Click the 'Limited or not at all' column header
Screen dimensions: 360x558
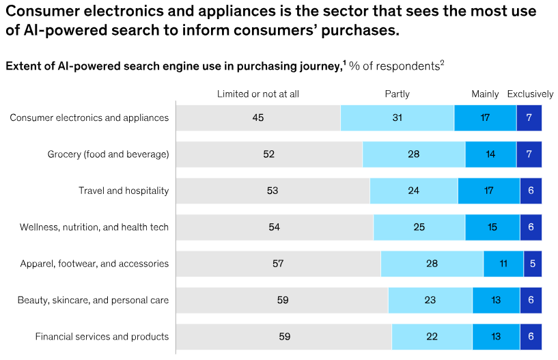257,94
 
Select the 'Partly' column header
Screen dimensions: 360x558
397,94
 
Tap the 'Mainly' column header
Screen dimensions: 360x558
485,94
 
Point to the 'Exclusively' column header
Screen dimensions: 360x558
529,94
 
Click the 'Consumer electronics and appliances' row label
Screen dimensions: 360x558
89,117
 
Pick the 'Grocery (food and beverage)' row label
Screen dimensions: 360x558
108,154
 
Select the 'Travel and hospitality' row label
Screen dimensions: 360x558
123,191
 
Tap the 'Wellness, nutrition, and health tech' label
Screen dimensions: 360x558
94,227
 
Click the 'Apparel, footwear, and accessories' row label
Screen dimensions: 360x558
94,264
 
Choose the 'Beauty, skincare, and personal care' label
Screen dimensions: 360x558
94,300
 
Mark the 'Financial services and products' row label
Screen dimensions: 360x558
102,336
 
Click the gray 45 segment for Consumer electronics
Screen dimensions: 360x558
257,117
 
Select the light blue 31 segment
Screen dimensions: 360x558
397,117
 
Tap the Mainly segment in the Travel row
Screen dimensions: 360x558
488,191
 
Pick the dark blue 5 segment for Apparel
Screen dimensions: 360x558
533,264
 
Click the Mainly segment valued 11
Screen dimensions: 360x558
503,264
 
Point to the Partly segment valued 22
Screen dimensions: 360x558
432,336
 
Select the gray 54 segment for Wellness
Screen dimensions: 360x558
275,227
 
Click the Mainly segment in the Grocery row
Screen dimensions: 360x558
490,154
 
